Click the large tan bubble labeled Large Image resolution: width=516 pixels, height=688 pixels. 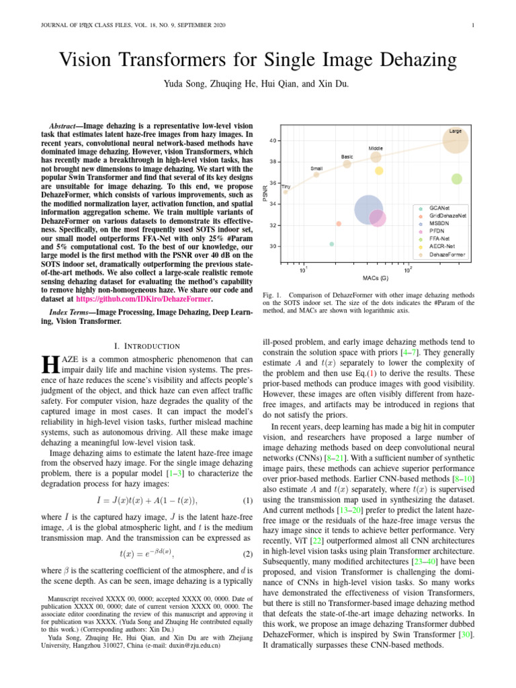coord(456,142)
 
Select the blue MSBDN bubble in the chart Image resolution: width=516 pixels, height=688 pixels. coord(368,211)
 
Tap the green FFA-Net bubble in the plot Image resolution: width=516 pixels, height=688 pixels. coord(457,179)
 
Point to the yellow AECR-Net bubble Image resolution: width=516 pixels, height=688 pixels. coord(379,171)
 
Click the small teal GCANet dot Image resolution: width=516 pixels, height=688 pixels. coord(332,244)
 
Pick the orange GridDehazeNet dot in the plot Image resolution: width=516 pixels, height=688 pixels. coord(339,223)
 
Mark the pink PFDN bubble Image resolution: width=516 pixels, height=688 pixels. coord(378,218)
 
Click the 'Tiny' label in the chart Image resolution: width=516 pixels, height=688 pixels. coord(286,185)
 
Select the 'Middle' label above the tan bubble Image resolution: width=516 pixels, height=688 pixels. coord(376,147)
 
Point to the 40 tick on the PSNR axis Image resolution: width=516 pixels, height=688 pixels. coord(272,140)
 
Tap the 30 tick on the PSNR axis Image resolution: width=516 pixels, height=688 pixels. coord(272,247)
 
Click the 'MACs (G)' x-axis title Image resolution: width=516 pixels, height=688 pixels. coord(375,277)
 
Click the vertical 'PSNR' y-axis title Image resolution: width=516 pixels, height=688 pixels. coord(264,193)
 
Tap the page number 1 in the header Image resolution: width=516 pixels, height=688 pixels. coord(474,26)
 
